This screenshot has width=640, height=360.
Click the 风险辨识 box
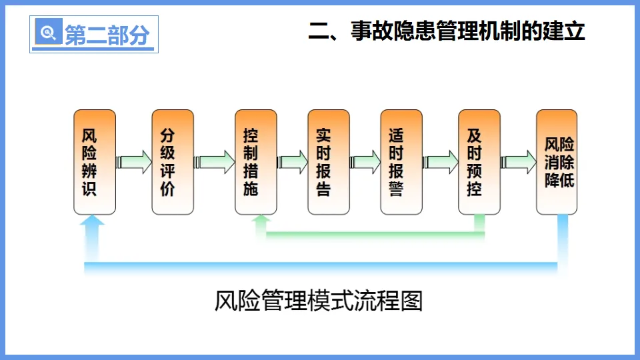tap(94, 162)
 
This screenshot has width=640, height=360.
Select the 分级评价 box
tap(173, 162)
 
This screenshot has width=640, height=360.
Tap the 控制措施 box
tap(255, 162)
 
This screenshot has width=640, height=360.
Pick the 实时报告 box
tap(328, 162)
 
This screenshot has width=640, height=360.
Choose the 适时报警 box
tap(401, 162)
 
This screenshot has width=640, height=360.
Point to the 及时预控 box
tap(479, 162)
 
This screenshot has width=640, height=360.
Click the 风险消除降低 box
tap(557, 162)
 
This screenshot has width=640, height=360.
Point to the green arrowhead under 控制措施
tap(261, 220)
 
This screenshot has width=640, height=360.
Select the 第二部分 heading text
tap(107, 35)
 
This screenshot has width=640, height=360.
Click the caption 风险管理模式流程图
tap(319, 301)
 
